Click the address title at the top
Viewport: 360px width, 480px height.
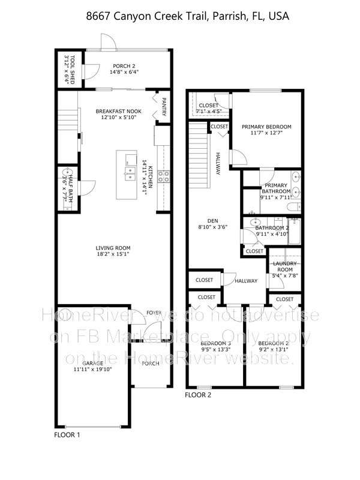(179, 17)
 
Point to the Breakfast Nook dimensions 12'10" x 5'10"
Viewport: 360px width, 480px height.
(118, 118)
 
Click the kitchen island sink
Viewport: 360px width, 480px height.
(129, 174)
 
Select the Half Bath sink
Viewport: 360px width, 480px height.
(64, 176)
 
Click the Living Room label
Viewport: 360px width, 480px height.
(113, 248)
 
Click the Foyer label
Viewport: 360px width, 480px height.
(154, 313)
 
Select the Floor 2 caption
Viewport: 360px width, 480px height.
(199, 395)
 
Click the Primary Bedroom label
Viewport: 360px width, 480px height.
(266, 127)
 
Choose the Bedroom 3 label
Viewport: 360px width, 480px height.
(214, 343)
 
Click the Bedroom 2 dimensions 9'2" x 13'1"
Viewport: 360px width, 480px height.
(274, 352)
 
